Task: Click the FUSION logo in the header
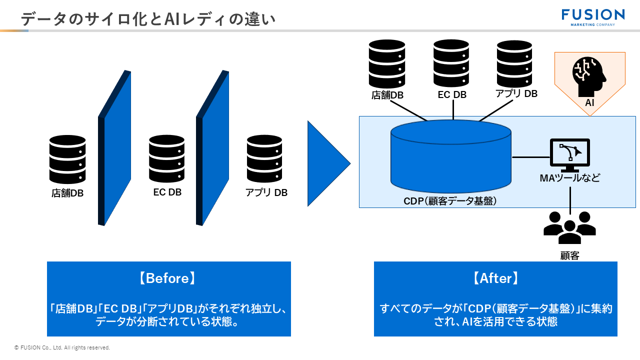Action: (x=592, y=16)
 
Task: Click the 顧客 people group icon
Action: (x=569, y=227)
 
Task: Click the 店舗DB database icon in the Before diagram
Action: (x=67, y=159)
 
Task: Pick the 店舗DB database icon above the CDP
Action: (x=387, y=64)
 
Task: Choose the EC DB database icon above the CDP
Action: (x=451, y=64)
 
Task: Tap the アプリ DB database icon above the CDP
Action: (x=514, y=63)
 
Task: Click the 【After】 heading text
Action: (x=495, y=278)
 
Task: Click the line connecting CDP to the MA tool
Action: (x=530, y=157)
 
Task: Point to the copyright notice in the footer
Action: (x=62, y=347)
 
